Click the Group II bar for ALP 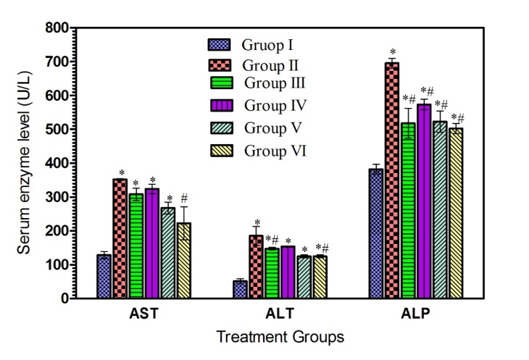[x=391, y=180]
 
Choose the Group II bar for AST [x=120, y=238]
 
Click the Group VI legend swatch [x=219, y=151]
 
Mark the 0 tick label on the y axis [x=68, y=298]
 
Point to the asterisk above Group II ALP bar [x=392, y=52]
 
